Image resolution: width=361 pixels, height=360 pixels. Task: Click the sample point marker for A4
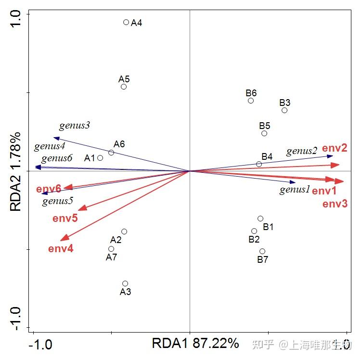pos(126,22)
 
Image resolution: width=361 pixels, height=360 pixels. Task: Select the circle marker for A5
pos(124,87)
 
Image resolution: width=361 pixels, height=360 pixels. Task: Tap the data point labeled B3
pos(284,110)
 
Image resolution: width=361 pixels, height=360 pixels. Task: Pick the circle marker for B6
pos(251,101)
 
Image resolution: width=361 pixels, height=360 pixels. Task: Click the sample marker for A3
pos(125,283)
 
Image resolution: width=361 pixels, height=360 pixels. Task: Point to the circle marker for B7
pos(262,251)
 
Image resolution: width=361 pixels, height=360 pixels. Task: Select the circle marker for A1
pos(100,158)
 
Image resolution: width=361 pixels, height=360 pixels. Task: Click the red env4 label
pos(61,249)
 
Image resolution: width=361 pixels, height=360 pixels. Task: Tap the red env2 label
pos(335,148)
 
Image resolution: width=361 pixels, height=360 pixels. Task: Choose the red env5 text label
pos(65,219)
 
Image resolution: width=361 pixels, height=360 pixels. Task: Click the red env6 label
pos(49,189)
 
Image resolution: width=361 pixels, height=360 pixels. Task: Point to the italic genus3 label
pos(75,126)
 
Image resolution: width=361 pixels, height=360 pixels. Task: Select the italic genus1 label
pos(295,190)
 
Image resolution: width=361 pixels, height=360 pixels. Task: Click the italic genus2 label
pos(302,151)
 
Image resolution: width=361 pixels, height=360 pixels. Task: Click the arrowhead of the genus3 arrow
pos(56,139)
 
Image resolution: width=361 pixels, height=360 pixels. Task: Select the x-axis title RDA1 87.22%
pos(195,343)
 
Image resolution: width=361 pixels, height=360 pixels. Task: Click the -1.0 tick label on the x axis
pos(40,345)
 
